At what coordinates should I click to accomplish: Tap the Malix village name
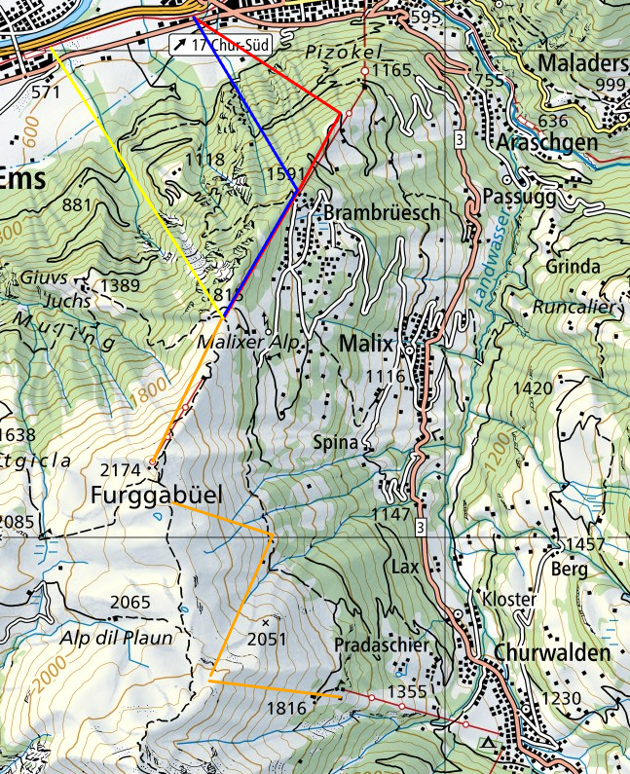[366, 345]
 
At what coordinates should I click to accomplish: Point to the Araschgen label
[544, 142]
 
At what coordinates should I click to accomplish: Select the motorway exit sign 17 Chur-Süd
[219, 44]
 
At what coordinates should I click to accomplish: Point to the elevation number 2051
[268, 639]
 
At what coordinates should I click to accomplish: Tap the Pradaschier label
[375, 645]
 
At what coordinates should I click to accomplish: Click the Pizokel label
[345, 51]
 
